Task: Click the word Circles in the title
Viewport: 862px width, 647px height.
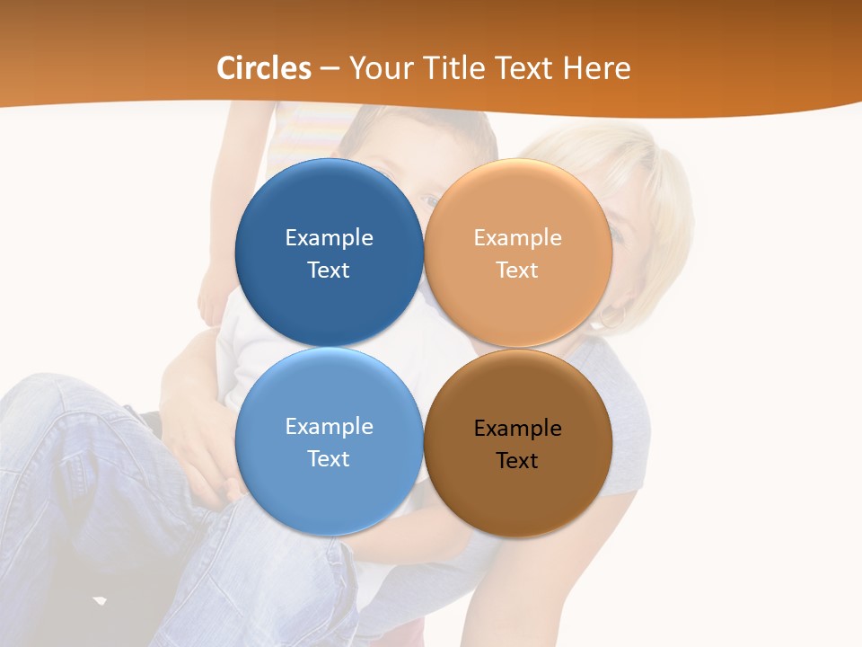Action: point(264,68)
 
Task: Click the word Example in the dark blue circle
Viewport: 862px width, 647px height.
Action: point(329,237)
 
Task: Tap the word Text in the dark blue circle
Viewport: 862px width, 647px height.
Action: point(329,270)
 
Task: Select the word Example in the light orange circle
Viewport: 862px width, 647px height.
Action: point(517,237)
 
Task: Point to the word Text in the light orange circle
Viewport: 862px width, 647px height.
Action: point(517,270)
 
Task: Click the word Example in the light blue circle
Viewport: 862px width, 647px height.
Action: point(329,426)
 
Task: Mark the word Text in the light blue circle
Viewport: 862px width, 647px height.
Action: point(329,458)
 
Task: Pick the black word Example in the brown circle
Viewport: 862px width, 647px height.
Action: point(517,428)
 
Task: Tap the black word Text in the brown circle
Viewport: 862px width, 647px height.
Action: point(517,460)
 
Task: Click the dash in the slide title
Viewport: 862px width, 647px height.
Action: point(330,68)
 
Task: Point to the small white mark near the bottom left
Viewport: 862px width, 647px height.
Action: point(100,599)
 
